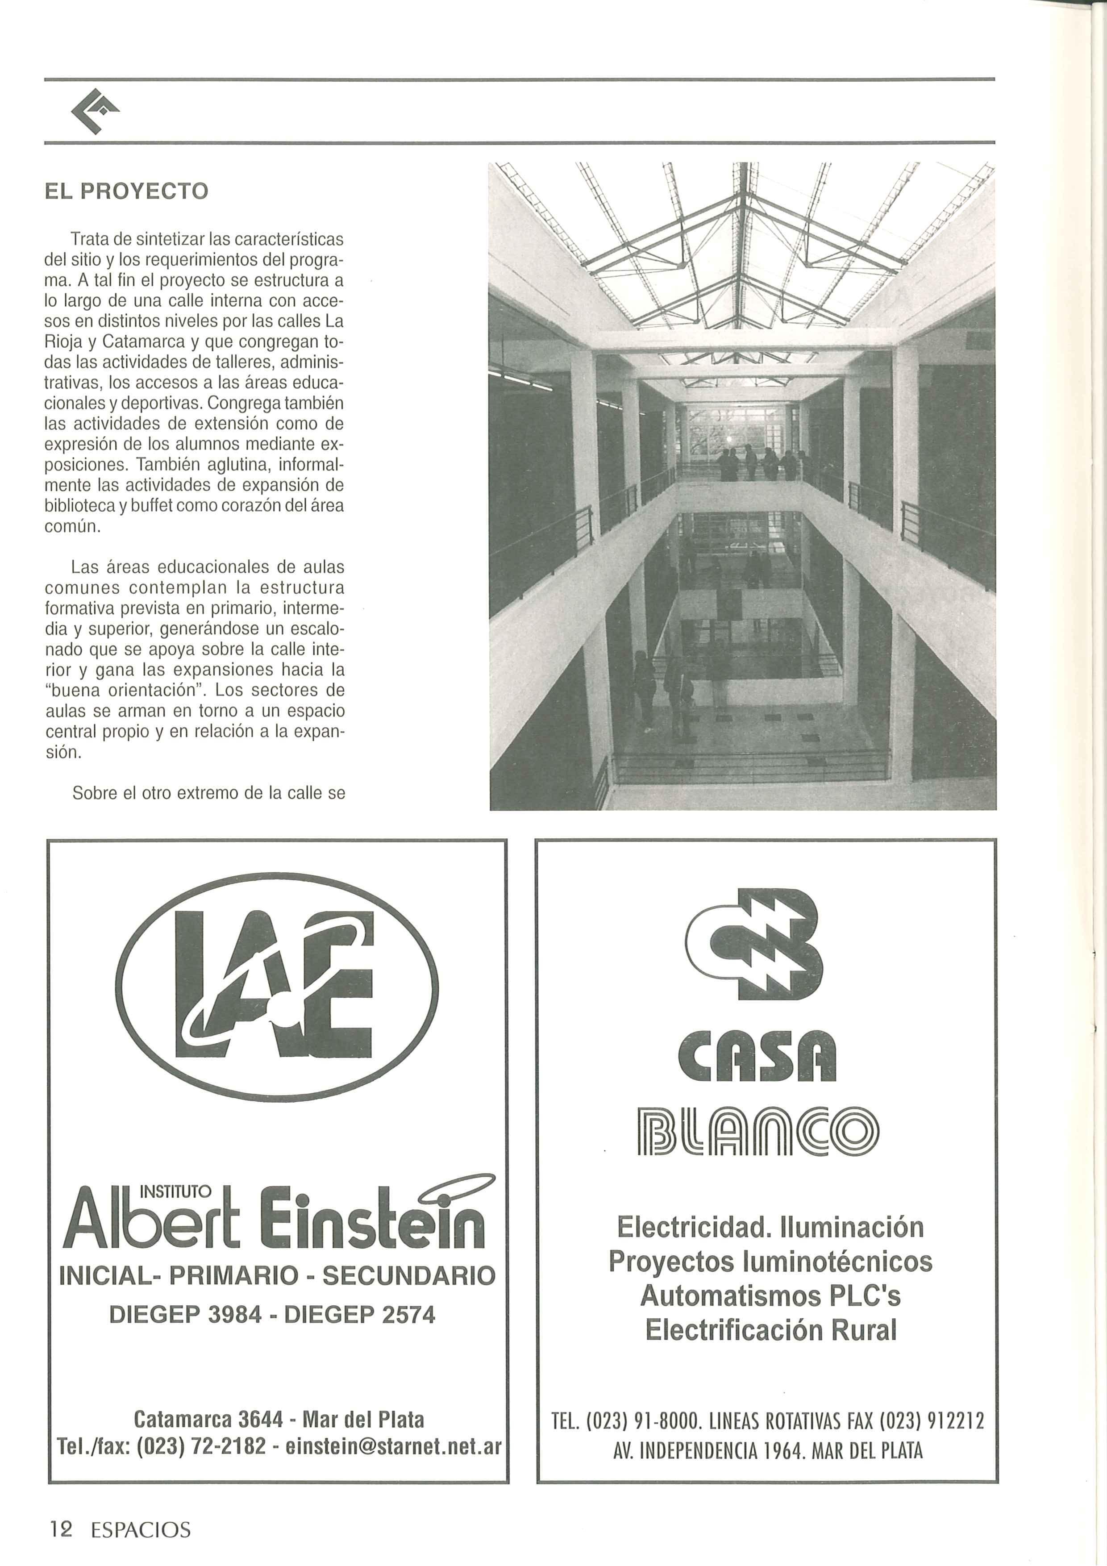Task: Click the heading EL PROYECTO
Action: tap(126, 190)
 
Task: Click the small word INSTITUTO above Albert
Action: tap(175, 1191)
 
